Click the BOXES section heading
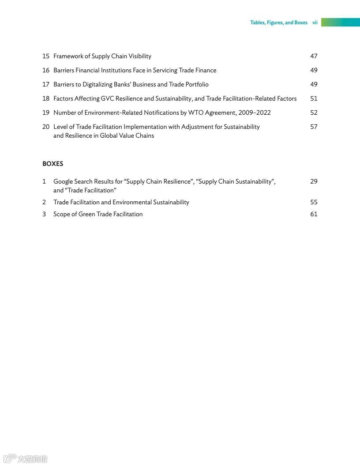point(52,164)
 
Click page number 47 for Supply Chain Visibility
point(314,56)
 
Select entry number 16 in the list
point(46,70)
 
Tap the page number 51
point(314,98)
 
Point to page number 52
point(314,113)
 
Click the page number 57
point(314,127)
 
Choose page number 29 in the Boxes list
point(314,181)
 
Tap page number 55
point(314,202)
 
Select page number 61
point(314,214)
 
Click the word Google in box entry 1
point(63,181)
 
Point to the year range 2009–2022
point(255,113)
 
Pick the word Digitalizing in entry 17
point(99,84)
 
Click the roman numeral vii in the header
point(315,23)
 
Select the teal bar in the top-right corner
point(340,22)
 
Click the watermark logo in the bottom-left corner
point(24,459)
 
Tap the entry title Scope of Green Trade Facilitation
point(98,214)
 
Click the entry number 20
point(46,127)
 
